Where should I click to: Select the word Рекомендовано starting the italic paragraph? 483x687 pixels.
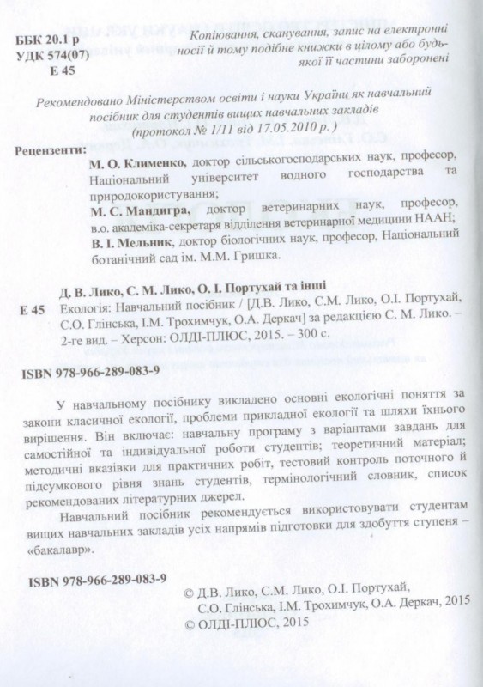(x=78, y=100)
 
